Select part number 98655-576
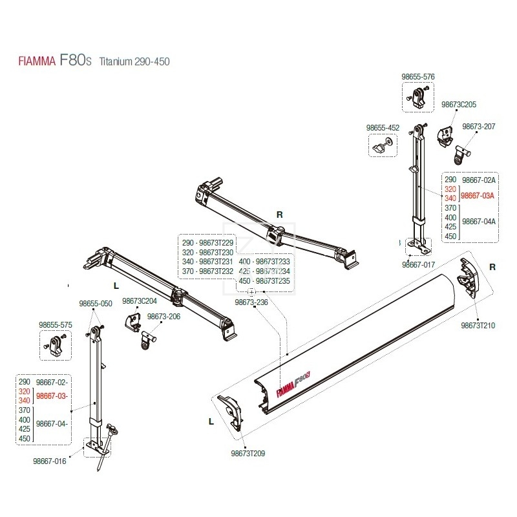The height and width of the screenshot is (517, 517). click(418, 76)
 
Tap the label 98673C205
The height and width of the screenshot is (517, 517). click(459, 104)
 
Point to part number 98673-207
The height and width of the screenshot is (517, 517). click(480, 127)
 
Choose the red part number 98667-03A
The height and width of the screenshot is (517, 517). click(478, 195)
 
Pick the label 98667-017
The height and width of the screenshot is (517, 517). click(418, 264)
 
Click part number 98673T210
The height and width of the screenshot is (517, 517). click(478, 325)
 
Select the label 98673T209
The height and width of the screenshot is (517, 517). click(248, 453)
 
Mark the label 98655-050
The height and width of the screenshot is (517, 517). click(96, 303)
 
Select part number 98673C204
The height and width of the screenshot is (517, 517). click(140, 301)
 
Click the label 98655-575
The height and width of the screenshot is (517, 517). click(56, 325)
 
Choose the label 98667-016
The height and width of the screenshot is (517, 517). click(49, 461)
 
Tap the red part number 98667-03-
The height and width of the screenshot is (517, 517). click(52, 396)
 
